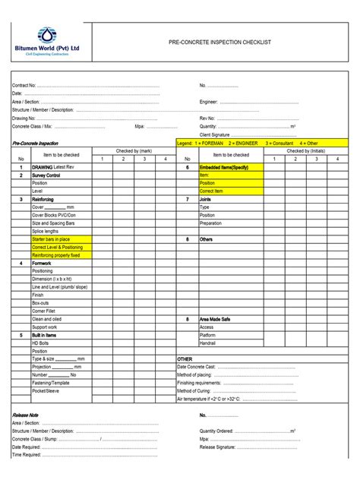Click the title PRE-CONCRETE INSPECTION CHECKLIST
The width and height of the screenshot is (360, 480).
[219, 42]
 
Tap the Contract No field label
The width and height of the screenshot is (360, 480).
[24, 86]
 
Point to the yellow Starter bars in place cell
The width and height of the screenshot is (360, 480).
[50, 239]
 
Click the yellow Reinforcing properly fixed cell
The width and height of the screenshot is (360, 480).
[55, 255]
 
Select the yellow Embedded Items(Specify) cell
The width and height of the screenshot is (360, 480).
[224, 167]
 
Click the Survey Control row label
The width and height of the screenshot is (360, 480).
[46, 175]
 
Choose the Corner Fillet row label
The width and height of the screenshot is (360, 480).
[44, 311]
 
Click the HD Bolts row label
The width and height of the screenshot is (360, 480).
[40, 343]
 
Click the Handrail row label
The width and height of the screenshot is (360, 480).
[207, 343]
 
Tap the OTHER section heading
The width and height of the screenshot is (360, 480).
[185, 358]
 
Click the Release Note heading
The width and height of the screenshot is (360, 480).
[27, 415]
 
